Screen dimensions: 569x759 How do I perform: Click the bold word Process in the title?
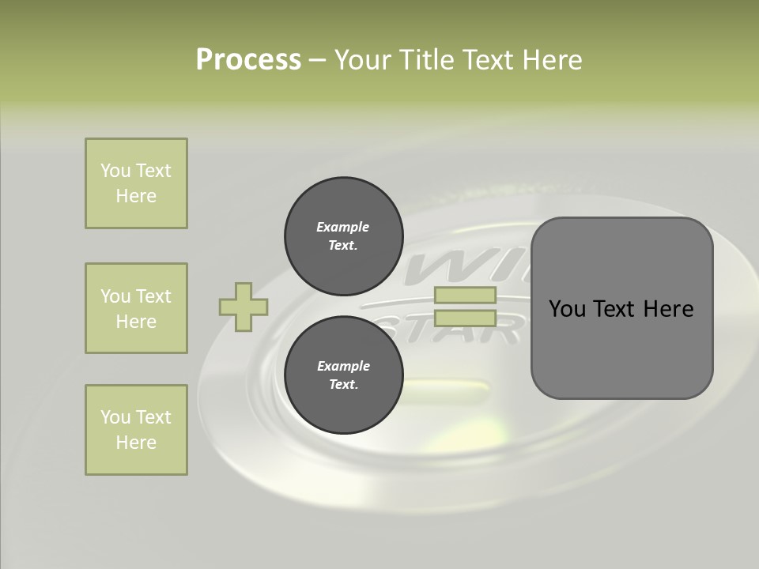248,60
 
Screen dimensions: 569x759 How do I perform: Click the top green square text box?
136,183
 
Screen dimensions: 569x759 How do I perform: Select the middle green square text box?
136,308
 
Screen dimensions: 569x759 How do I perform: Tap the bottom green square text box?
136,430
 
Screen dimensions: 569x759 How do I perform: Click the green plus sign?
244,307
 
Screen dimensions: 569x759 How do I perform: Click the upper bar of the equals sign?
465,296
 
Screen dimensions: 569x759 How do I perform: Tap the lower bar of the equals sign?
465,318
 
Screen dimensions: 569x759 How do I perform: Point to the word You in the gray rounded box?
567,309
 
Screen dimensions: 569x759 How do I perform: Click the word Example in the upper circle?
343,227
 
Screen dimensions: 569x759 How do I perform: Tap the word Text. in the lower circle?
343,385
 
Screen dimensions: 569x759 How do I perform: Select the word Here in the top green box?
136,196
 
